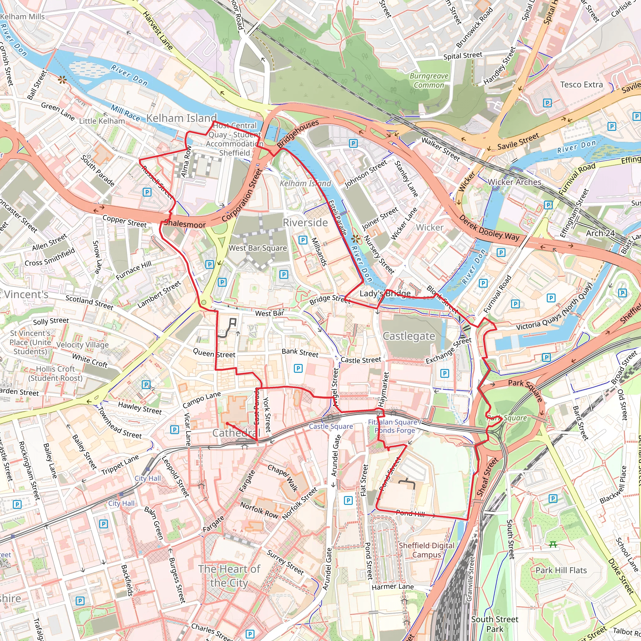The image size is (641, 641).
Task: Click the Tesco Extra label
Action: pos(581,85)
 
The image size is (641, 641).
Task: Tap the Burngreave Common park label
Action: pos(429,81)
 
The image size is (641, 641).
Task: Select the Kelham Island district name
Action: pos(182,118)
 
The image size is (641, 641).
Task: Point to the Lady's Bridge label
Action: pos(385,293)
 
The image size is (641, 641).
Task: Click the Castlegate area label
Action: pos(409,336)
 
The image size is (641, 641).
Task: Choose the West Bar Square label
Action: pos(258,248)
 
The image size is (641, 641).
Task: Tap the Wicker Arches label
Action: pos(514,182)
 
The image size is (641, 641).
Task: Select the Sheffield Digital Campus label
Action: pos(426,550)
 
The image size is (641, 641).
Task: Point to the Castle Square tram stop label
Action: pos(331,426)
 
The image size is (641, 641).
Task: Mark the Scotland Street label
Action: pos(89,302)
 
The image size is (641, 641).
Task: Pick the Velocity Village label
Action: pos(82,345)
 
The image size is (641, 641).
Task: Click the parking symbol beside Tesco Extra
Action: pos(547,103)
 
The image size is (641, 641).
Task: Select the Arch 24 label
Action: pos(600,233)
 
